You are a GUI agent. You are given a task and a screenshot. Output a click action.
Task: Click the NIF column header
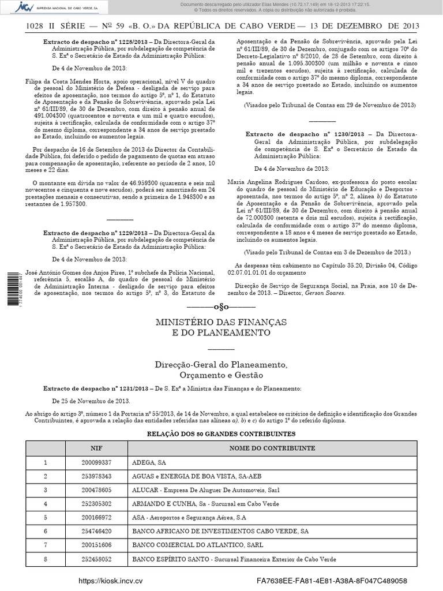96,448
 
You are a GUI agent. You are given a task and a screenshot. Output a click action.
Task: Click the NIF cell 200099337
96,462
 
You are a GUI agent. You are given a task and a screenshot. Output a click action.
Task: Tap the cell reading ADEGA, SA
149,462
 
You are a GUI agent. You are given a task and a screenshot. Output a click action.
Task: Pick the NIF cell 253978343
96,476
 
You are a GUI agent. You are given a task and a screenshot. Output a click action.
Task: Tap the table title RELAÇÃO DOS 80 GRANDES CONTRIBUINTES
221,433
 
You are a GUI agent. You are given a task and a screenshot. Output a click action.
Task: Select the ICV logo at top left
24,7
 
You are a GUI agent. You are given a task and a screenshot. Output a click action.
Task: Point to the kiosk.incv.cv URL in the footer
111,581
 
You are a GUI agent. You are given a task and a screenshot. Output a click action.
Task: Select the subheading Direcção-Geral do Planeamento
221,365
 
